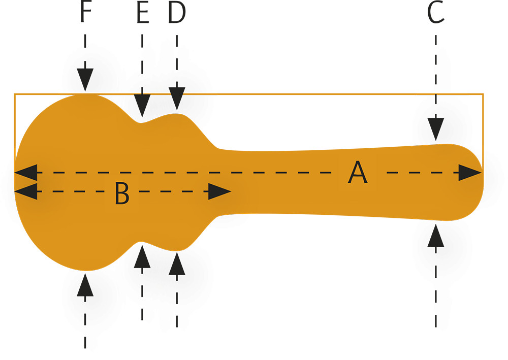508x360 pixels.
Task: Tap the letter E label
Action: [143, 14]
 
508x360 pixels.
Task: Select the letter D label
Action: [177, 14]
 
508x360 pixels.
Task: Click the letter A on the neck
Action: [358, 174]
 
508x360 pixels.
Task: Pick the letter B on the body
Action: [121, 193]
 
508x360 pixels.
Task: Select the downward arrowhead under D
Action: [177, 99]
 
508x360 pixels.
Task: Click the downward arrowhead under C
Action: [436, 129]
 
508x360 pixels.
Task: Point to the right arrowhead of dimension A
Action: [469, 173]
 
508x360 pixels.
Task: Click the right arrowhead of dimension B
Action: [220, 191]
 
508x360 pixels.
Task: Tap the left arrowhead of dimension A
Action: [26, 173]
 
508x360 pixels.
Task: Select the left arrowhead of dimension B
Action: [26, 191]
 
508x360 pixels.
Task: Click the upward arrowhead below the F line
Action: [85, 283]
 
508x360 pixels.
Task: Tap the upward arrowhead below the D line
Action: [177, 264]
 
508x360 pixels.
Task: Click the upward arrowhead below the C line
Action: [435, 236]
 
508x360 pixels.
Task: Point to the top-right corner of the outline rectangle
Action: [483, 94]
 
